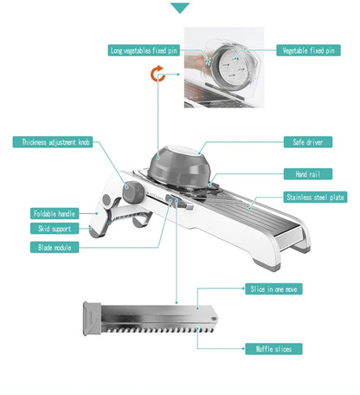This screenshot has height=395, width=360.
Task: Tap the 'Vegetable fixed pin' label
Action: click(x=307, y=50)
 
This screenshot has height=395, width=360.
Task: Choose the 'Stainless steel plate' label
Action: click(x=315, y=197)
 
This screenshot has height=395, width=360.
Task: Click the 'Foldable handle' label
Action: click(x=55, y=213)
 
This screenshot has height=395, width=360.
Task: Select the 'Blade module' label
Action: click(x=57, y=248)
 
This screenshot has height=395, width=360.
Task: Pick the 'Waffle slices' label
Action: click(x=273, y=348)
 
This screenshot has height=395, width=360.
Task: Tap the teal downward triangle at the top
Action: click(x=180, y=8)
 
